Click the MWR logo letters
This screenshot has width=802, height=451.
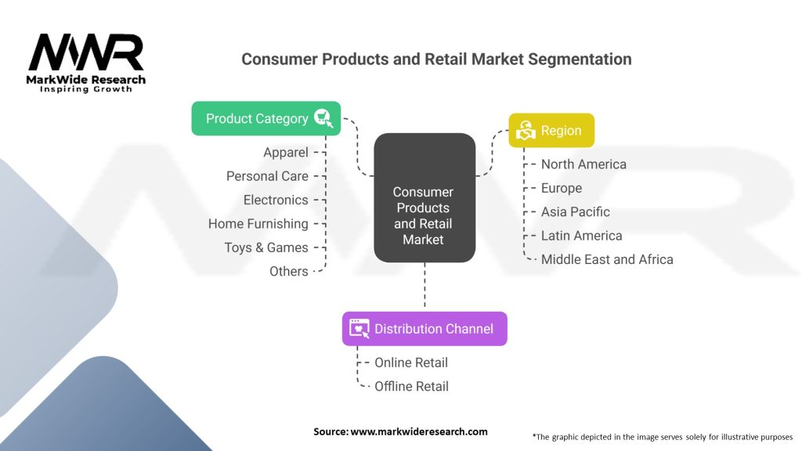(86, 52)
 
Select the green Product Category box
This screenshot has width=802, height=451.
(266, 119)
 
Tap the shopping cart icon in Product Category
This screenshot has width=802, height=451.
(323, 118)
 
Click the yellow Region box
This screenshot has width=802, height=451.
(551, 131)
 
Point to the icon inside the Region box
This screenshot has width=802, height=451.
(526, 130)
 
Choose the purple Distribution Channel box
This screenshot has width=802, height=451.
(424, 329)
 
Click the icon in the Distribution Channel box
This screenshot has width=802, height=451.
(359, 329)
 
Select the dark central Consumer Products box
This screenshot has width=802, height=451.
(424, 198)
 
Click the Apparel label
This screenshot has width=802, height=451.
(286, 153)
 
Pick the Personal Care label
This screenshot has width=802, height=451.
(268, 176)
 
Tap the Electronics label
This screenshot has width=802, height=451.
(276, 200)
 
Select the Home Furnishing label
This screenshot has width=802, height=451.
(258, 224)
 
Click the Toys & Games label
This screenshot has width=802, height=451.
(266, 247)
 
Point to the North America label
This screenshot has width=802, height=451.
(583, 164)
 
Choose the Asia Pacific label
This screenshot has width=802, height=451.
(576, 211)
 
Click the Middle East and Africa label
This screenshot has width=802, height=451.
(607, 259)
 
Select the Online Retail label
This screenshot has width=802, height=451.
(411, 363)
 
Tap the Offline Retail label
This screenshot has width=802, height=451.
(412, 386)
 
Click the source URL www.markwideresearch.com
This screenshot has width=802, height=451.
(419, 431)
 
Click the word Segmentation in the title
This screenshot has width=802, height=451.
(580, 60)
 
